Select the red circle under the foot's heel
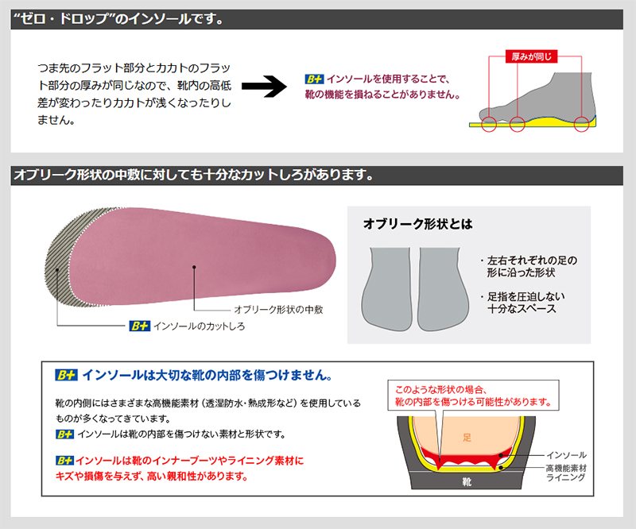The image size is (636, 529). point(583,122)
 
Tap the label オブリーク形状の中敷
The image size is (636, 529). point(277,308)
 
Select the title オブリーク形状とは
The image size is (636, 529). point(417,225)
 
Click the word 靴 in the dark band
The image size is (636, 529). point(467,481)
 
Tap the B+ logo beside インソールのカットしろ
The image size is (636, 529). point(138,326)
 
